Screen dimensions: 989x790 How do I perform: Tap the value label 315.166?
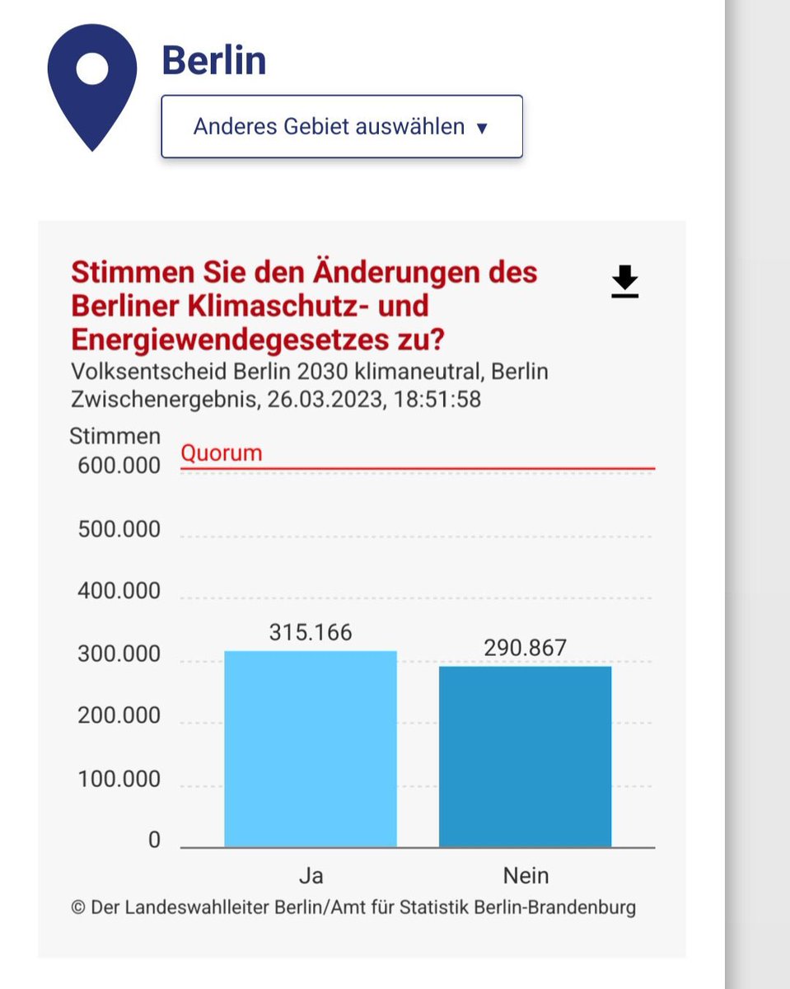pyautogui.click(x=311, y=632)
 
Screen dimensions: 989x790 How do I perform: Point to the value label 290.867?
pyautogui.click(x=525, y=648)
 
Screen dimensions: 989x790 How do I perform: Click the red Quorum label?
pyautogui.click(x=221, y=453)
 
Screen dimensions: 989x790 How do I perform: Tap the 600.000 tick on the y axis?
pyautogui.click(x=119, y=466)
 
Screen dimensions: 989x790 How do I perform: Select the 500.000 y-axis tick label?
pyautogui.click(x=119, y=529)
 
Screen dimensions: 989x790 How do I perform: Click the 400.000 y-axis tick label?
pyautogui.click(x=119, y=592)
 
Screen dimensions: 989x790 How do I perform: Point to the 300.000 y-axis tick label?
pyautogui.click(x=119, y=655)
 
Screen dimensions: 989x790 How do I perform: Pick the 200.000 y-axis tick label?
pyautogui.click(x=119, y=715)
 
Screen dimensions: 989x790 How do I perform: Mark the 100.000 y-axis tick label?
pyautogui.click(x=119, y=779)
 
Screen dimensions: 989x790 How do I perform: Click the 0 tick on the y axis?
pyautogui.click(x=154, y=841)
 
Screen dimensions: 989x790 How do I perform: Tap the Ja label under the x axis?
pyautogui.click(x=311, y=874)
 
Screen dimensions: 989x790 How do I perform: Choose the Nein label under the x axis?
pyautogui.click(x=526, y=874)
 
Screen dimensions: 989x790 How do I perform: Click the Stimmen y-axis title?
pyautogui.click(x=115, y=436)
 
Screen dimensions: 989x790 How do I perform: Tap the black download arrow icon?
pyautogui.click(x=625, y=281)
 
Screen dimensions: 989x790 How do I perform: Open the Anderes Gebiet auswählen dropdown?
pyautogui.click(x=341, y=127)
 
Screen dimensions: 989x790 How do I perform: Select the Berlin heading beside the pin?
pyautogui.click(x=213, y=61)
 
